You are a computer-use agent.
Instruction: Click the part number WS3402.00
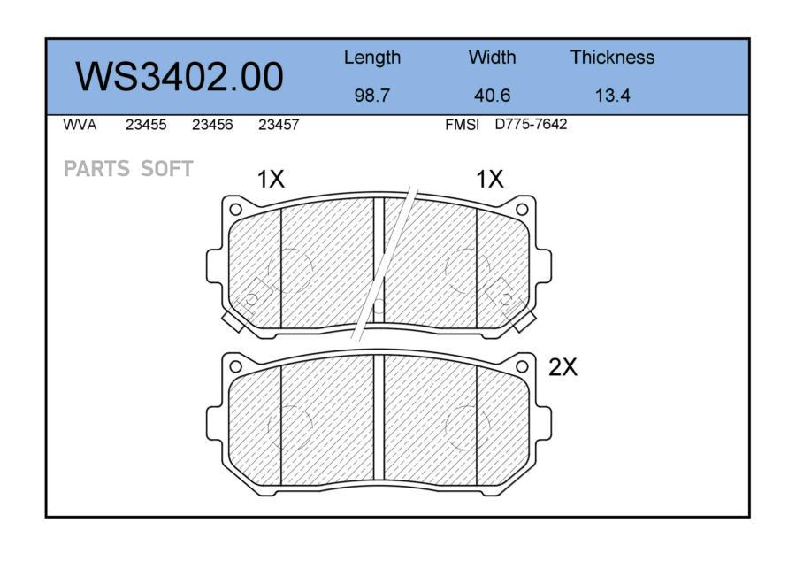click(x=180, y=77)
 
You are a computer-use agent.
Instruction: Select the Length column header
click(x=372, y=58)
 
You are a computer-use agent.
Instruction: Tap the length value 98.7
click(x=372, y=95)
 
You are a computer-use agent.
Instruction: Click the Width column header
click(x=492, y=57)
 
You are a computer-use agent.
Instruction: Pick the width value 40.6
click(x=492, y=95)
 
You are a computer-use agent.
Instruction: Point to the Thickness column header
click(x=612, y=57)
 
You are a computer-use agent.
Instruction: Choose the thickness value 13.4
click(x=612, y=95)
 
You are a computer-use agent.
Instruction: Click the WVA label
click(x=80, y=125)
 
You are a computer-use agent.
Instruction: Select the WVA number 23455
click(x=146, y=125)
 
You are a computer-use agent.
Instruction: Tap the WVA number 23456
click(x=212, y=125)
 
